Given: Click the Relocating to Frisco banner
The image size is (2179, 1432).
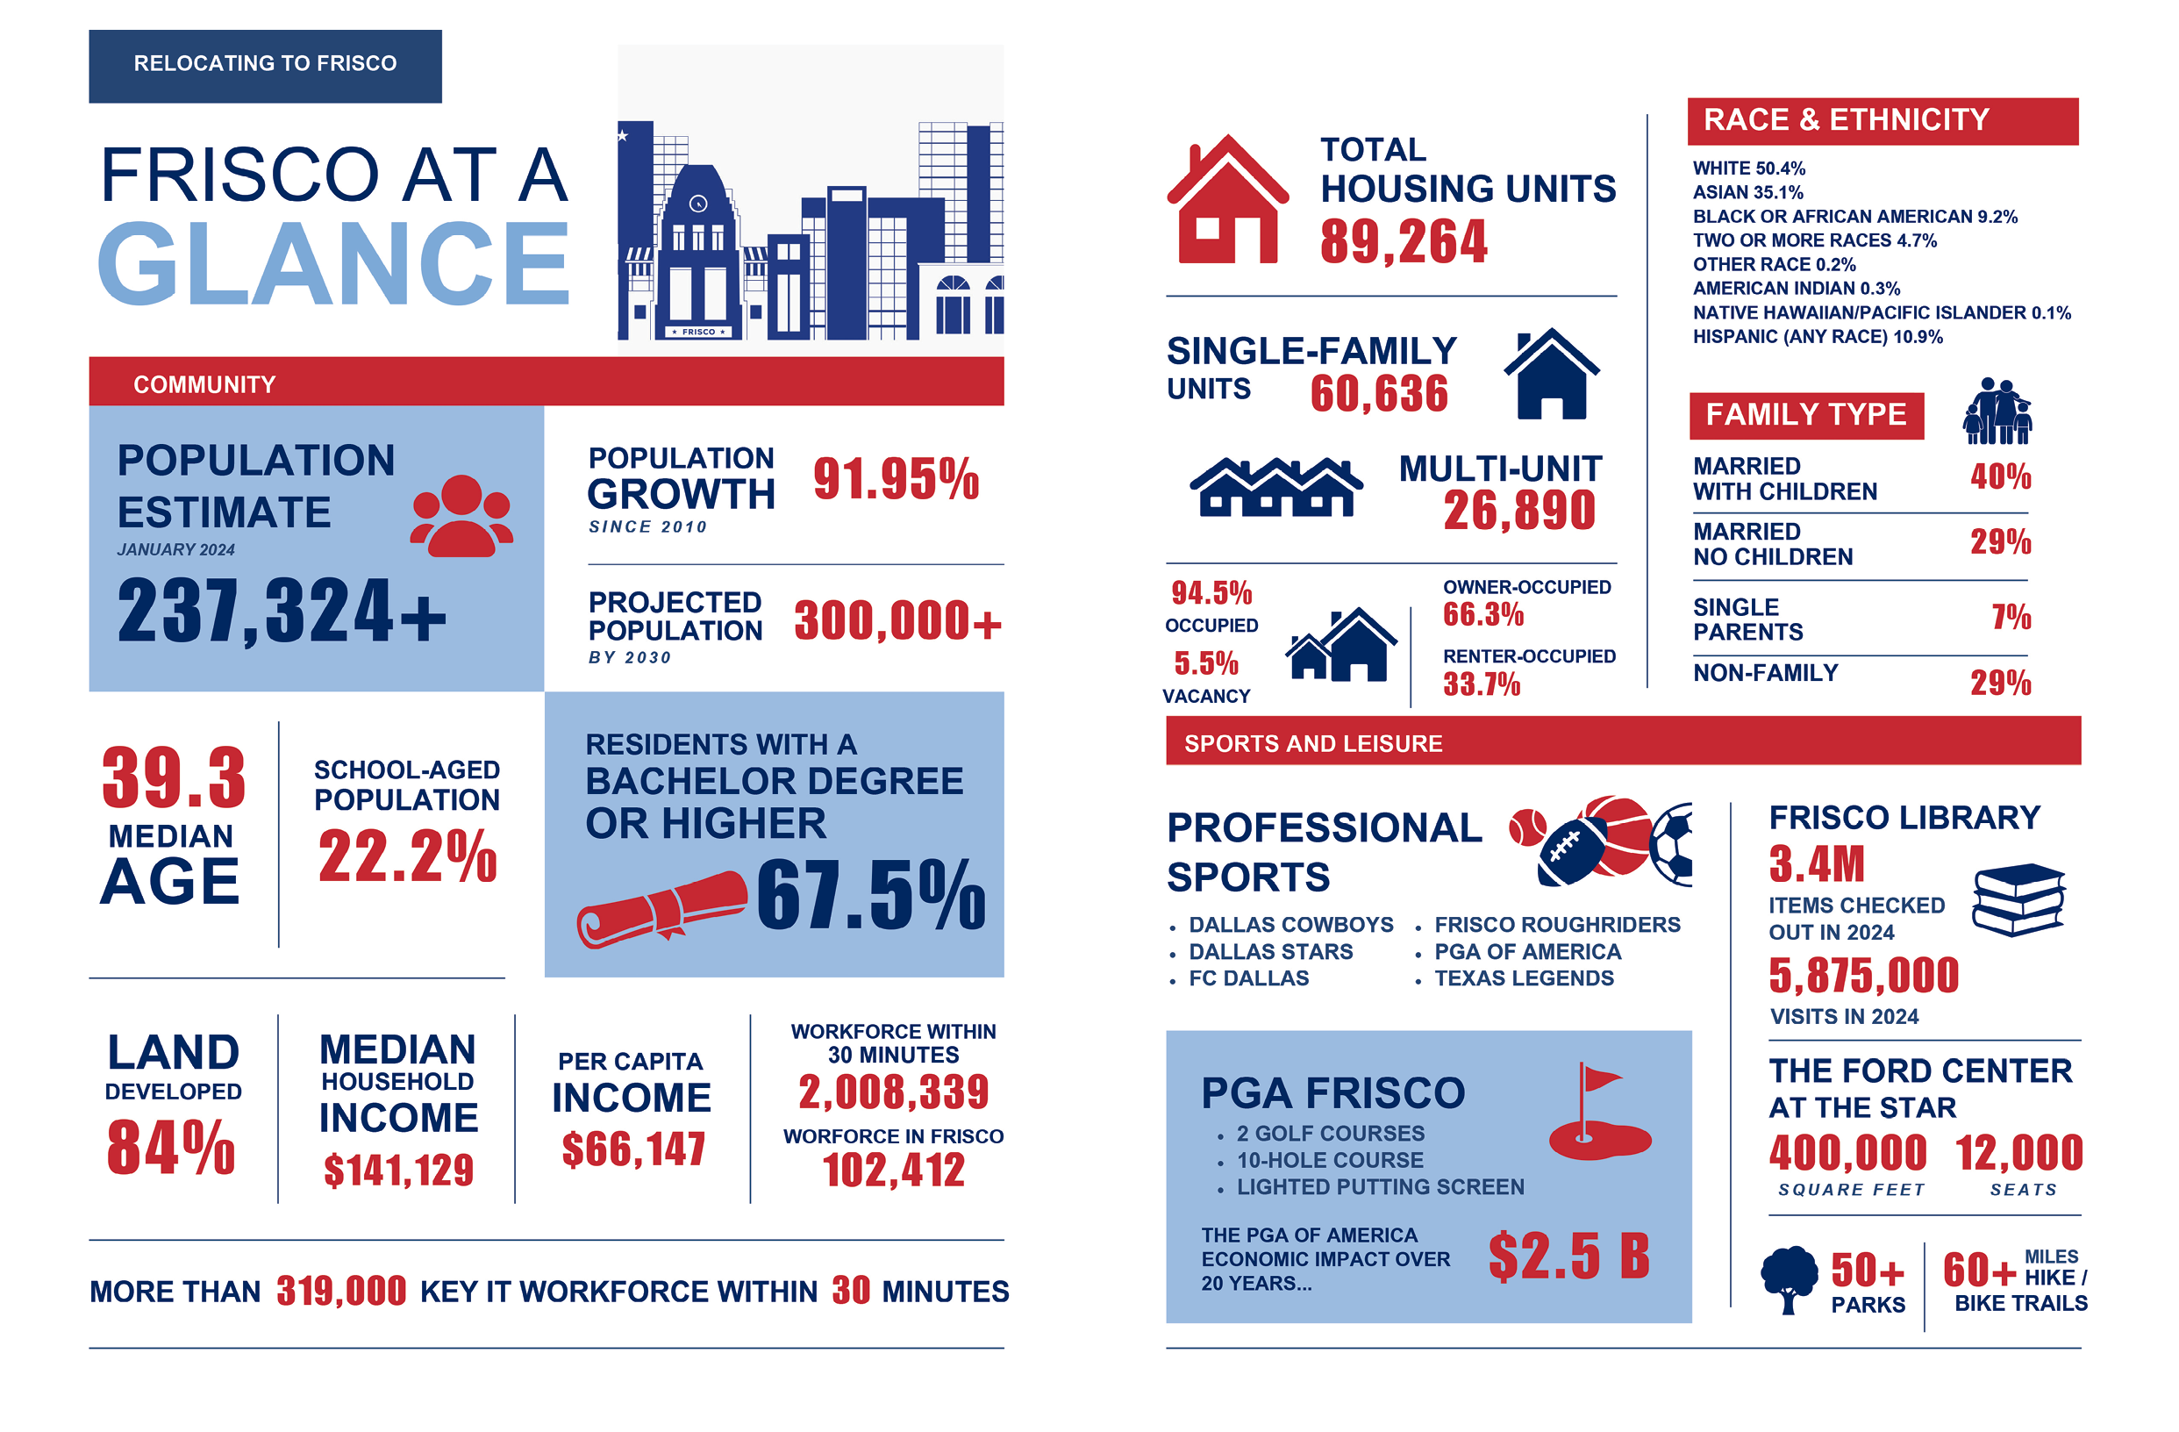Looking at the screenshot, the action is pos(265,66).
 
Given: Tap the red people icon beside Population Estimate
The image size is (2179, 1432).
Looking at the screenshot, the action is pos(461,515).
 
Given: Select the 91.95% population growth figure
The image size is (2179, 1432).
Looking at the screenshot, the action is pos(896,479).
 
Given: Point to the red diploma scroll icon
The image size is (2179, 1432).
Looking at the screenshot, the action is pos(661,908).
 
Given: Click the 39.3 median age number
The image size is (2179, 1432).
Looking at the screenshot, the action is pos(174,777).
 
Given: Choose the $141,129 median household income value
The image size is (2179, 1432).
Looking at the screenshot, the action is pos(398,1170).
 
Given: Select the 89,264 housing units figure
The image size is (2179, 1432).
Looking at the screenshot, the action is pos(1404,241).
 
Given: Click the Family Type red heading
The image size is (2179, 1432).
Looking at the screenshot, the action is pos(1805,415).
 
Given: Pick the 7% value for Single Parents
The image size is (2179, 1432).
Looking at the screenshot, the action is pos(2011,616).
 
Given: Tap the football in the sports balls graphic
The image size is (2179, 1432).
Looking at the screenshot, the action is pos(1572,850).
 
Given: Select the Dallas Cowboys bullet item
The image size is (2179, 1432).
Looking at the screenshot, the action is pos(1290,925).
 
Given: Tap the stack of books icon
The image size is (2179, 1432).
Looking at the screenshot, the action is pos(2018,899).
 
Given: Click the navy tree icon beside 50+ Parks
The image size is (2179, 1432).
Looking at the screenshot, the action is pos(1789,1280).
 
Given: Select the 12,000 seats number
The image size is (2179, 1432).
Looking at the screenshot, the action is pos(2018,1153).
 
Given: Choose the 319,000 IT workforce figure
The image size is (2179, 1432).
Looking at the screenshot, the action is pos(341,1291).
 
